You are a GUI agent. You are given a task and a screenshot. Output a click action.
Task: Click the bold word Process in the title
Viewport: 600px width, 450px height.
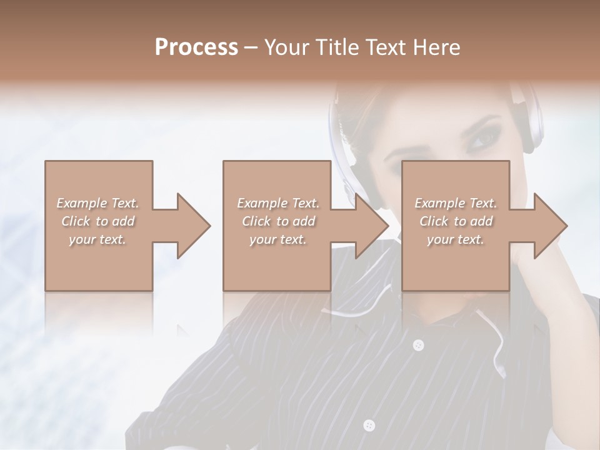tap(196, 47)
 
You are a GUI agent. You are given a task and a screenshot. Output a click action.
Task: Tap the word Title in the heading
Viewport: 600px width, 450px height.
tap(337, 47)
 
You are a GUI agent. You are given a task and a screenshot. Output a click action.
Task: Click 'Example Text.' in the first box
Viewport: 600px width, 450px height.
tap(97, 203)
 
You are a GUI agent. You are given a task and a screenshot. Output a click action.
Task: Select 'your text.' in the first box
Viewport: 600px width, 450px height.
tap(97, 240)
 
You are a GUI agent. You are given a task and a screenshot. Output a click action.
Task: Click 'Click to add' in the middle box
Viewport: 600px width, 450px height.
tap(278, 221)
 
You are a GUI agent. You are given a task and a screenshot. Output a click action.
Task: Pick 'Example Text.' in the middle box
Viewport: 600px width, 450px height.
tap(278, 203)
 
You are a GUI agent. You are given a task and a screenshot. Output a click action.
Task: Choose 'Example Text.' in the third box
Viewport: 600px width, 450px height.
tap(456, 203)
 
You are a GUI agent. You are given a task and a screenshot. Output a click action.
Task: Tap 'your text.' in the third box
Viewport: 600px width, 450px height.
tap(456, 240)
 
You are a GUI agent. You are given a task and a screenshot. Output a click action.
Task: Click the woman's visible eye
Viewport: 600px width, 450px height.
tap(481, 139)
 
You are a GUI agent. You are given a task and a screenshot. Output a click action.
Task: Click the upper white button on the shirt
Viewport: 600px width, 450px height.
tap(418, 345)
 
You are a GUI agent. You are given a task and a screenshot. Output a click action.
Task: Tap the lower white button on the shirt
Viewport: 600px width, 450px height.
tap(369, 425)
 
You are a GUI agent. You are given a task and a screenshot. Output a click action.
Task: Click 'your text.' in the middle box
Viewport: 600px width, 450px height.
tap(278, 240)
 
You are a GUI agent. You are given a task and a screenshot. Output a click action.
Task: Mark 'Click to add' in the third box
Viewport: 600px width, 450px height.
tap(456, 221)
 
